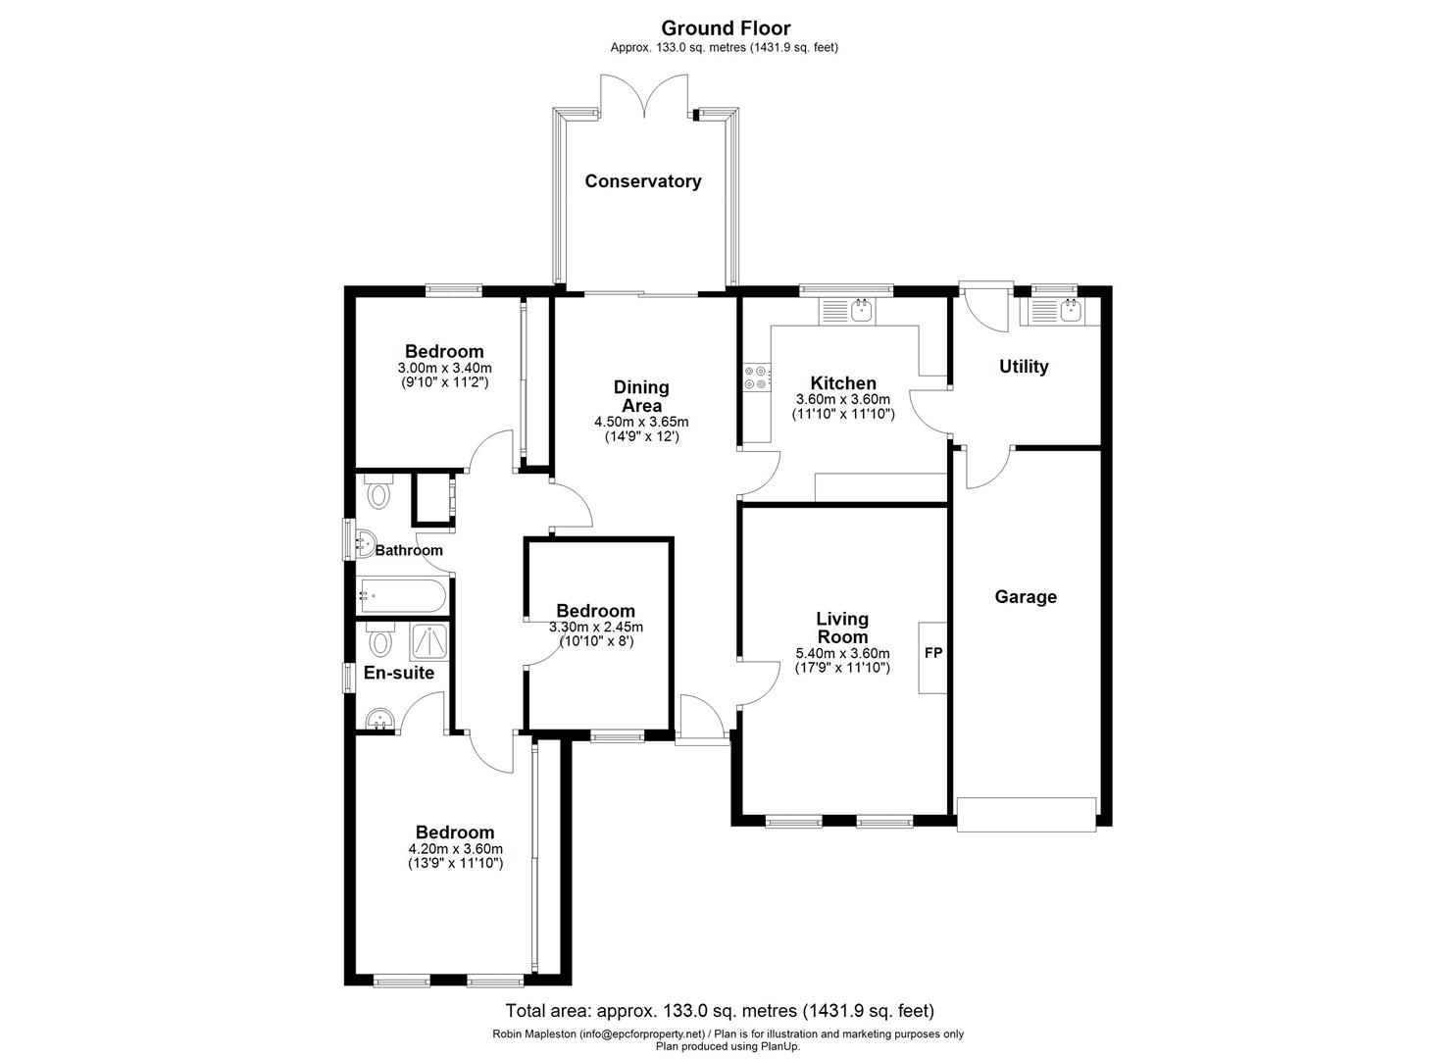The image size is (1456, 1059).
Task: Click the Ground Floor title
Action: tap(726, 28)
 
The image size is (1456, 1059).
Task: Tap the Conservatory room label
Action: tap(643, 181)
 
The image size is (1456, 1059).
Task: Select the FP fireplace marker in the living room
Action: tap(933, 653)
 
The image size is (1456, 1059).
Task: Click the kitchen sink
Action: tap(862, 311)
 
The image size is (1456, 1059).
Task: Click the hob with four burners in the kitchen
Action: tap(757, 378)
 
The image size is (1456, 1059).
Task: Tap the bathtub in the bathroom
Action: tap(402, 595)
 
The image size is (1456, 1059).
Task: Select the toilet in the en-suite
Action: tap(379, 639)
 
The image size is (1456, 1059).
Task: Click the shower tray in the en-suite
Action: tap(429, 642)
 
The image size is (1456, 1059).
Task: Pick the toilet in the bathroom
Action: tap(379, 492)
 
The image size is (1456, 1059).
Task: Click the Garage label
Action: tap(1025, 597)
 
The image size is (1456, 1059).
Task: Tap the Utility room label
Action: tap(1024, 367)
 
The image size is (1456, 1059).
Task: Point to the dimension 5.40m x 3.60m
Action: tap(842, 653)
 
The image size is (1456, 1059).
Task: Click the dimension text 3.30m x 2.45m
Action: tap(596, 628)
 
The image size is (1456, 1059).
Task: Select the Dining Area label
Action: tap(641, 396)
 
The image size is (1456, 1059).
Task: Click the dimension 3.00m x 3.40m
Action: tap(444, 368)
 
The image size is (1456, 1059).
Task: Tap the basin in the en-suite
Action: tap(379, 721)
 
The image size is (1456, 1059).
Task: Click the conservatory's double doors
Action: tap(643, 96)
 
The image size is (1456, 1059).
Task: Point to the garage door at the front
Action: tap(1027, 815)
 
